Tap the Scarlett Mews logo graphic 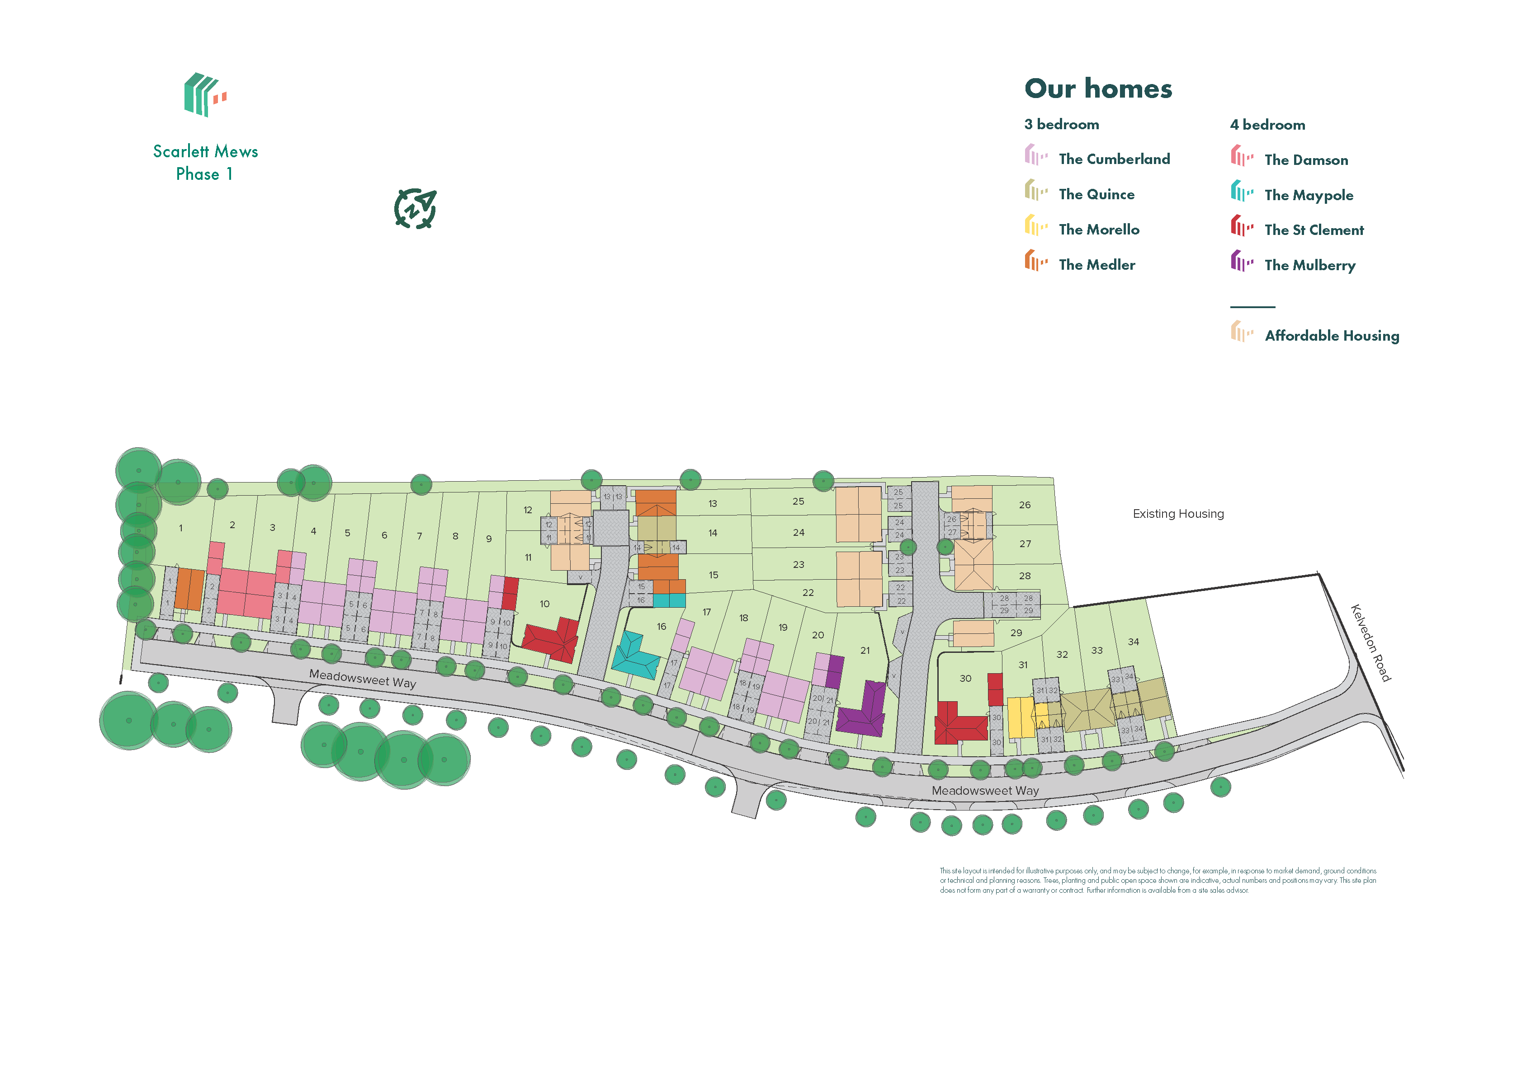coord(204,95)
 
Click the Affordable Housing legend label coord(1331,336)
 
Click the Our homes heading coord(1098,89)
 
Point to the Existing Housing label coord(1177,514)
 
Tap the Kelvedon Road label coord(1370,642)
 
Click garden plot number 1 coord(181,528)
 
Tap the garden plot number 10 coord(545,604)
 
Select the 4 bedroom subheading coord(1267,125)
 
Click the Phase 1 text coord(204,174)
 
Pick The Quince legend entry coord(1096,194)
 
